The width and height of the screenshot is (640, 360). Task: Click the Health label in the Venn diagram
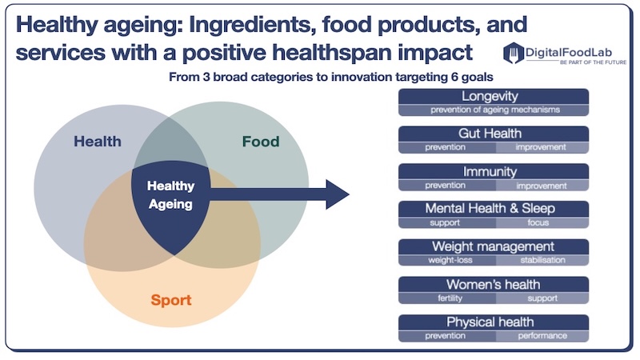coord(98,142)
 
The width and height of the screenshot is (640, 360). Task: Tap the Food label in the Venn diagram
coord(261,142)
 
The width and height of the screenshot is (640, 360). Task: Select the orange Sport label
coord(171,300)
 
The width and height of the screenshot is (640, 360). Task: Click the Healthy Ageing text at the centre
coord(170,194)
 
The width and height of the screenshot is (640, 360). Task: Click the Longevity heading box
coord(494,96)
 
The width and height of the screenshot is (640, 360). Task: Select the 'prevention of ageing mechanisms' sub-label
coord(494,110)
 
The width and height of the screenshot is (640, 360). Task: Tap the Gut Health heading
coord(490,134)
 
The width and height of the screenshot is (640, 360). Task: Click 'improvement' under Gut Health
coord(541,147)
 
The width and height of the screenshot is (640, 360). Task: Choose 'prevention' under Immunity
coord(445,186)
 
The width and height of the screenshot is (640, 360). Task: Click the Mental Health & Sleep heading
coord(490,209)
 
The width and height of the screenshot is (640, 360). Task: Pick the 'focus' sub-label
coord(538,222)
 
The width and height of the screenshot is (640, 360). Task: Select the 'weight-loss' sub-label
coord(450,260)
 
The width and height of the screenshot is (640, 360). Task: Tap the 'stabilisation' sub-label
coord(542,260)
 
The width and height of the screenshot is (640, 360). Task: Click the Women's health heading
coord(493,284)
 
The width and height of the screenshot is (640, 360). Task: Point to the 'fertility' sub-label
coord(450,298)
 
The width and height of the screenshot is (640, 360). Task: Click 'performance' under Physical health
coord(542,335)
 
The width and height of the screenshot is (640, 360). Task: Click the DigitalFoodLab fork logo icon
coord(513,53)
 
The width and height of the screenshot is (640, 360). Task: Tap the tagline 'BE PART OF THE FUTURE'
coord(593,62)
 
